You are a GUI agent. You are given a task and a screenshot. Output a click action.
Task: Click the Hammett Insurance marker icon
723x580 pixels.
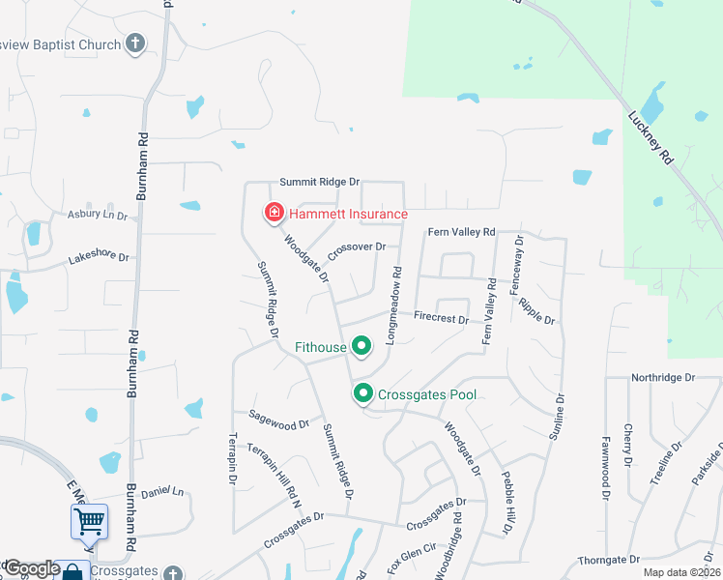(x=275, y=213)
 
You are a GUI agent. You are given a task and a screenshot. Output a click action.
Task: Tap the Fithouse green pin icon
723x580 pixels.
(x=361, y=345)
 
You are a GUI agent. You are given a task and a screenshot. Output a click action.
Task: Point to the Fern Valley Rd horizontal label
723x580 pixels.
(x=461, y=232)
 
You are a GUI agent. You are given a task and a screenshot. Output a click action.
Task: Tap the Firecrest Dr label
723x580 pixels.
(x=441, y=317)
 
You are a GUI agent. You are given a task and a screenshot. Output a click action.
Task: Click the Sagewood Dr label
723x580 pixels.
(x=278, y=422)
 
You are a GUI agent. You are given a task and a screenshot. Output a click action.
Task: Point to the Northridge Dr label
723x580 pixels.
(x=662, y=377)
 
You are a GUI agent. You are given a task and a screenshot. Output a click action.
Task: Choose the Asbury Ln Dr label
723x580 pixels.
(x=97, y=215)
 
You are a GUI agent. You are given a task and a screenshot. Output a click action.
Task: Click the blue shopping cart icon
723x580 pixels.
(x=88, y=522)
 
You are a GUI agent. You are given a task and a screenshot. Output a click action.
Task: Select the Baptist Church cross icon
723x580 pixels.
(x=135, y=43)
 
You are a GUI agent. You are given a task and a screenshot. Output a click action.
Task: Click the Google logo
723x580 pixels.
(x=31, y=569)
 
